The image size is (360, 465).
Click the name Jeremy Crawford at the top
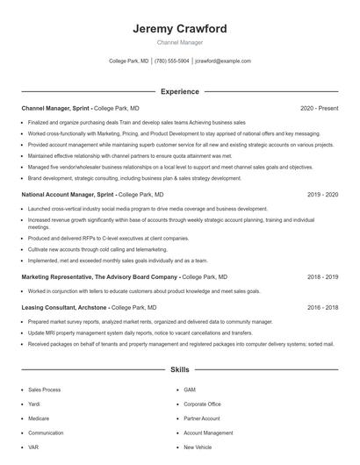179,29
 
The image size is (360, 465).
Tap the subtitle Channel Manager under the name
179,43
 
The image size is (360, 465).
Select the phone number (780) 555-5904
172,61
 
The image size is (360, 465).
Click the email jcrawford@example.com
223,61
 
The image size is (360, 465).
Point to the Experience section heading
179,91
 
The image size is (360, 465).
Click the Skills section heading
179,371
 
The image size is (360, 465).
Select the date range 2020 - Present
319,108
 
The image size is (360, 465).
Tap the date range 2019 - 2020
323,194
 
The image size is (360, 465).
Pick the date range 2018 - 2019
323,276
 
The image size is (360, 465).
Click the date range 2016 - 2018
323,308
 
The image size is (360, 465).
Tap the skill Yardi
35,404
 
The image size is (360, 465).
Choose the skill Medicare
40,418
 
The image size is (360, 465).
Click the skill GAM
190,390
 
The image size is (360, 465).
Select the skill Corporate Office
202,404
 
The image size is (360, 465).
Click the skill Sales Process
45,390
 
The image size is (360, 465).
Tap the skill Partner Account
202,418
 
